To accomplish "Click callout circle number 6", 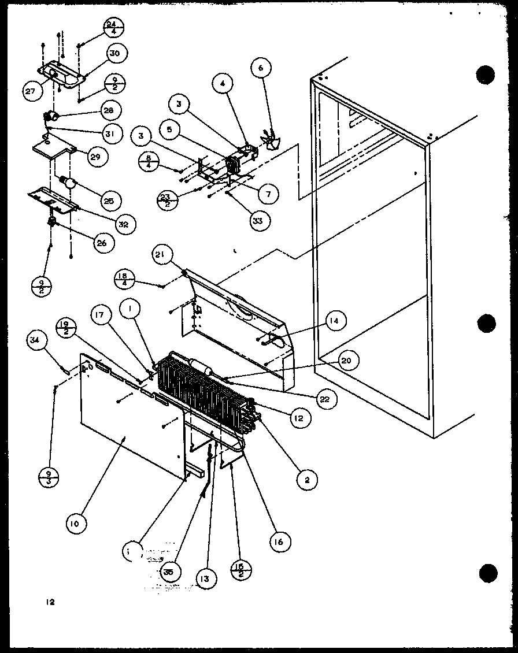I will (261, 68).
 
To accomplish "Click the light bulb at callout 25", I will (69, 184).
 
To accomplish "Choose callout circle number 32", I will (123, 222).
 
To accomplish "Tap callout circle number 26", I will (101, 243).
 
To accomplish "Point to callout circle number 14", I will (335, 321).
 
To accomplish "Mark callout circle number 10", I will (76, 524).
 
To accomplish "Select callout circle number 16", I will (280, 541).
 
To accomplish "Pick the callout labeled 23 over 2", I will (166, 199).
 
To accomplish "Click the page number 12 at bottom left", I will (50, 602).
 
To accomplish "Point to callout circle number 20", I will (346, 361).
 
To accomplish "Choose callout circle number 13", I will (206, 577).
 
